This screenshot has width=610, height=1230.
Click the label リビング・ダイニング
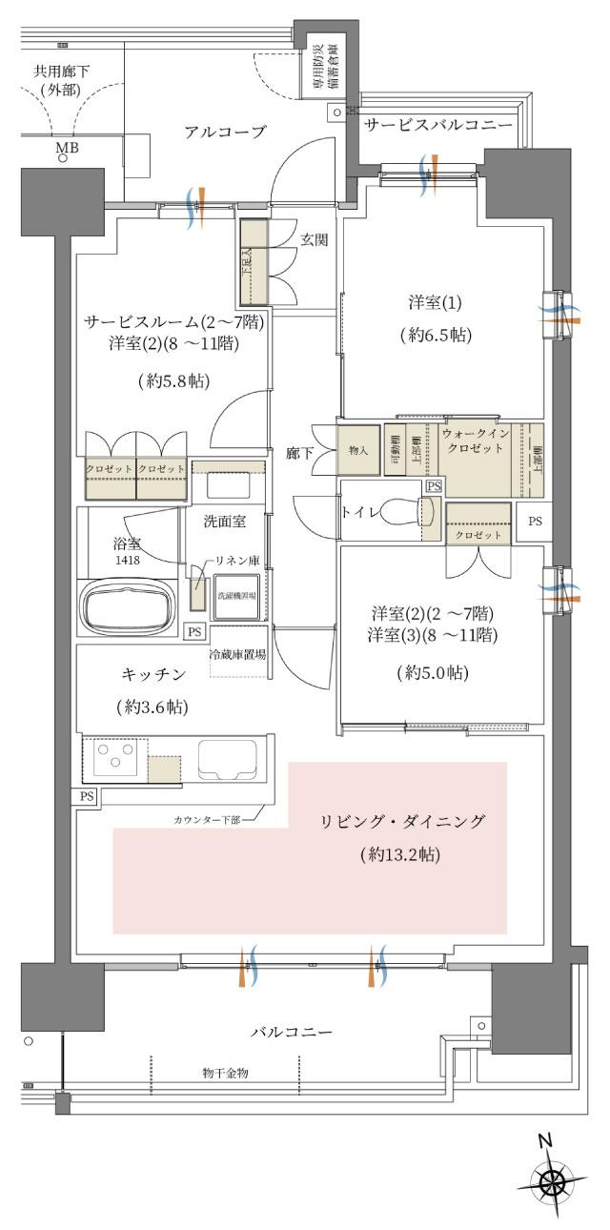[403, 821]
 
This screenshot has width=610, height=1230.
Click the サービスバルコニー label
[438, 125]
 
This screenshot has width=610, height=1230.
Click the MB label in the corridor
[67, 148]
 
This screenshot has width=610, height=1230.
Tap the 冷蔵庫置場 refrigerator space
[237, 655]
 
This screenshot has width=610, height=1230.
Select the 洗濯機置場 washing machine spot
[238, 595]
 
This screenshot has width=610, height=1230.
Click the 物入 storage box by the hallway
[358, 448]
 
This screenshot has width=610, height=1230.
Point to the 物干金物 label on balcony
[225, 1073]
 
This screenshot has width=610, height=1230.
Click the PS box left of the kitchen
[87, 795]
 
